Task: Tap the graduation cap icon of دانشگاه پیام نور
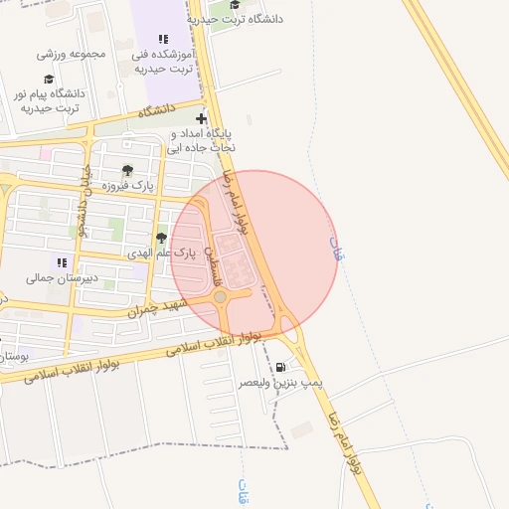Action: [x=49, y=80]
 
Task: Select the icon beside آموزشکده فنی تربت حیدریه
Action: [x=164, y=39]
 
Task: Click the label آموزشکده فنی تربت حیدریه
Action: [x=164, y=60]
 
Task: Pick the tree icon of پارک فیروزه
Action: [x=127, y=170]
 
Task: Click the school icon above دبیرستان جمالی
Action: [x=62, y=262]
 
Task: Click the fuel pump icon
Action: [x=279, y=367]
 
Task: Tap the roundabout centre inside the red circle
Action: [x=220, y=296]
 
